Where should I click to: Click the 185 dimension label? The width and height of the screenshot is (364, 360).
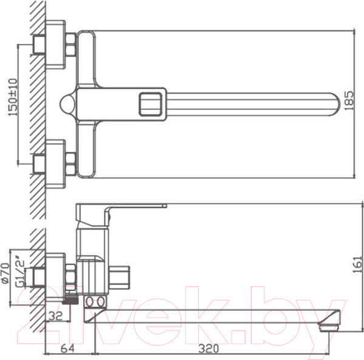(349, 101)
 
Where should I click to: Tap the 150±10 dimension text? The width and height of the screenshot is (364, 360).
(13, 97)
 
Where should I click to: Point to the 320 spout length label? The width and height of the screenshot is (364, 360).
(209, 348)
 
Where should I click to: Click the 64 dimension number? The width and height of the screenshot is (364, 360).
(68, 348)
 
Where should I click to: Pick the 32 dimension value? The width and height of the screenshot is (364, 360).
(56, 316)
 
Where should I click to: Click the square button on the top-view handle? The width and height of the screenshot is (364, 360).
(150, 104)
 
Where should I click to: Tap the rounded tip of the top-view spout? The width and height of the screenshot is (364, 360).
(336, 104)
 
